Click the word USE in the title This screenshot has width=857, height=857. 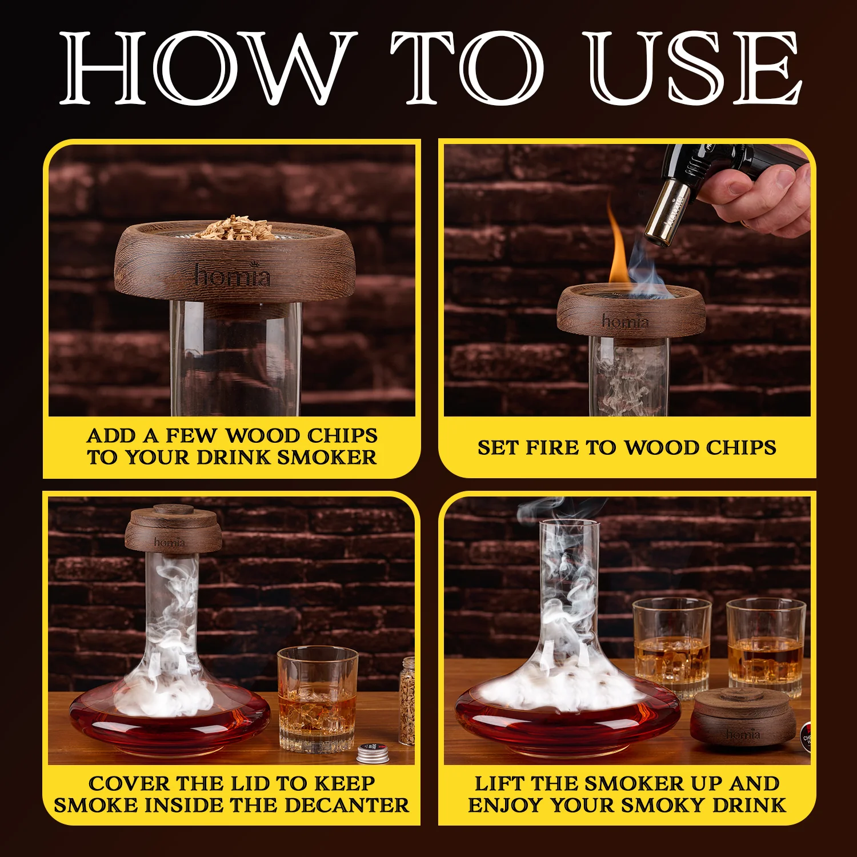click(x=695, y=69)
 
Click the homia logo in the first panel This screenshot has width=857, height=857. click(x=231, y=275)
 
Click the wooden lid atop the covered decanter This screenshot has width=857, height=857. click(x=173, y=529)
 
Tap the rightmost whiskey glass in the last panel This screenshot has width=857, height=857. click(x=766, y=646)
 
